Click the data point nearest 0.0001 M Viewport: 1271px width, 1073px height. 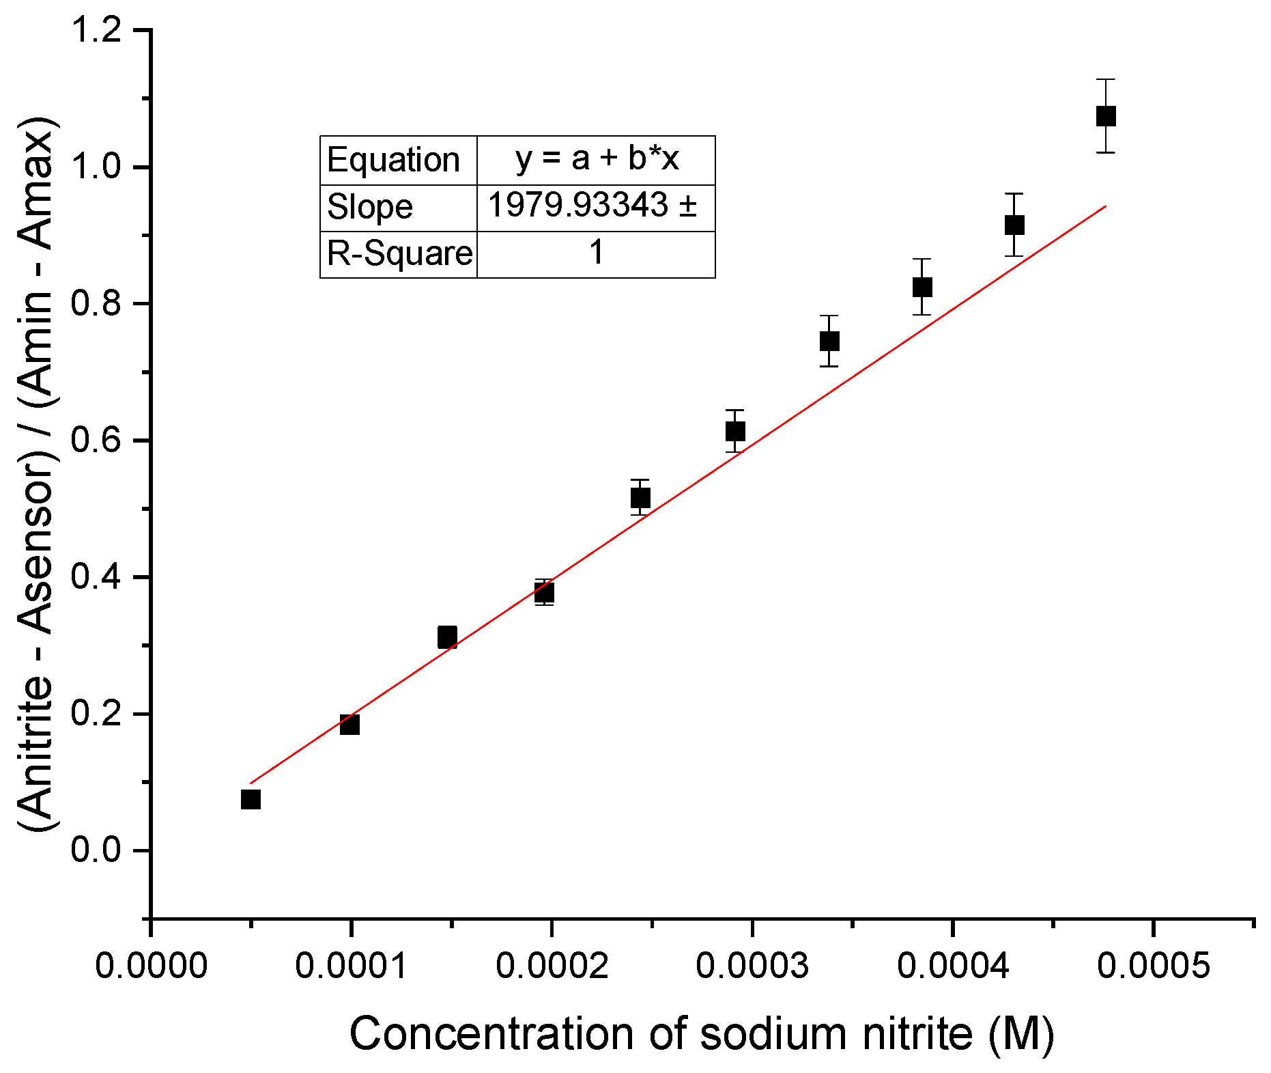349,725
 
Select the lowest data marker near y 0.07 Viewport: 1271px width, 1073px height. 251,799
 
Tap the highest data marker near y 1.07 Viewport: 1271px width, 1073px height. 1106,116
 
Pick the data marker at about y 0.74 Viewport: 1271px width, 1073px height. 829,341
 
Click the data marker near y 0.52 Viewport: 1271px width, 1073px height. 640,498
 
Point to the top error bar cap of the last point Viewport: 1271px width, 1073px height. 1106,80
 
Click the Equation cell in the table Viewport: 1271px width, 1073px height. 394,161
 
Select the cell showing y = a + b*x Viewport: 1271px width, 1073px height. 597,159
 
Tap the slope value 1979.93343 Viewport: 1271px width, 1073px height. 577,205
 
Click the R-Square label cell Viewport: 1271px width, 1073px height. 399,254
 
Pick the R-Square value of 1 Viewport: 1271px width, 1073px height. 597,253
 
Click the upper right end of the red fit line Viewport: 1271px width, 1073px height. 1104,206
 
